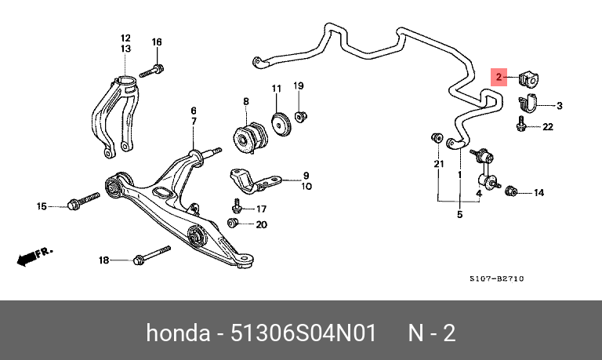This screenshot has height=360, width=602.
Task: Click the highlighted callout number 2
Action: tap(498, 76)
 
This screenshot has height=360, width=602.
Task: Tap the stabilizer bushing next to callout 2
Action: tap(530, 78)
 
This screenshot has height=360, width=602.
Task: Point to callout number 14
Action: tap(539, 192)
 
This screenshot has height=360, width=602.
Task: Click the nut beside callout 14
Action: tap(511, 190)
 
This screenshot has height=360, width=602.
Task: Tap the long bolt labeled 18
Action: tap(153, 256)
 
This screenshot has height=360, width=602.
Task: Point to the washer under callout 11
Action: tap(277, 124)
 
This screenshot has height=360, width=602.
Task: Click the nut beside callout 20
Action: tap(232, 224)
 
